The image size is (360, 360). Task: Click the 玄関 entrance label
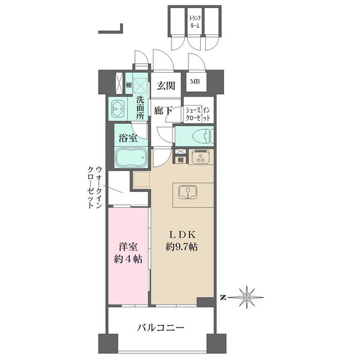pyautogui.click(x=166, y=86)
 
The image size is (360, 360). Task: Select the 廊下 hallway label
pyautogui.click(x=163, y=111)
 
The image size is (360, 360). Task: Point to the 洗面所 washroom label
pyautogui.click(x=140, y=107)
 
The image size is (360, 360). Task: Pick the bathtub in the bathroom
pyautogui.click(x=130, y=160)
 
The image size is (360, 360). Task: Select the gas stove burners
pyautogui.click(x=199, y=158)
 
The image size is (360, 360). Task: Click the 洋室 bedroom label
pyautogui.click(x=128, y=245)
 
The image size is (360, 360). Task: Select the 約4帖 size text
pyautogui.click(x=128, y=259)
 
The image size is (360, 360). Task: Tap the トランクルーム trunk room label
pyautogui.click(x=194, y=22)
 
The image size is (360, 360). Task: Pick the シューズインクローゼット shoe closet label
pyautogui.click(x=198, y=114)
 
